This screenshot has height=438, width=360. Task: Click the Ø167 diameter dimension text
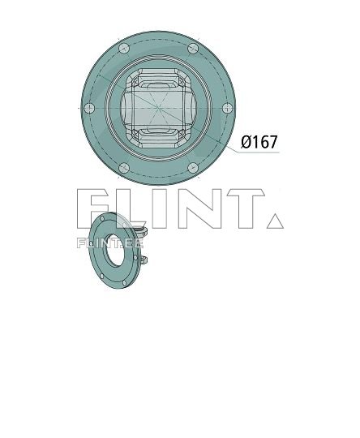tap(259, 143)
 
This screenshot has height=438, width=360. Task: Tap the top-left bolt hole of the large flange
tap(122, 49)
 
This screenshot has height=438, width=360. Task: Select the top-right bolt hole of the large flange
tap(193, 49)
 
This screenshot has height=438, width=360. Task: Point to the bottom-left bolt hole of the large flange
tap(123, 169)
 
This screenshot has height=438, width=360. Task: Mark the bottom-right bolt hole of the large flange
tap(193, 169)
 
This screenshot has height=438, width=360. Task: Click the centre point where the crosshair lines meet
tap(159, 109)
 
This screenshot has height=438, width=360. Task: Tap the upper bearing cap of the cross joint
tap(159, 82)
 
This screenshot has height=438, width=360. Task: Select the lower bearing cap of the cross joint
tap(159, 135)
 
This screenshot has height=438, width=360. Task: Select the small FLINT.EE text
tap(109, 242)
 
